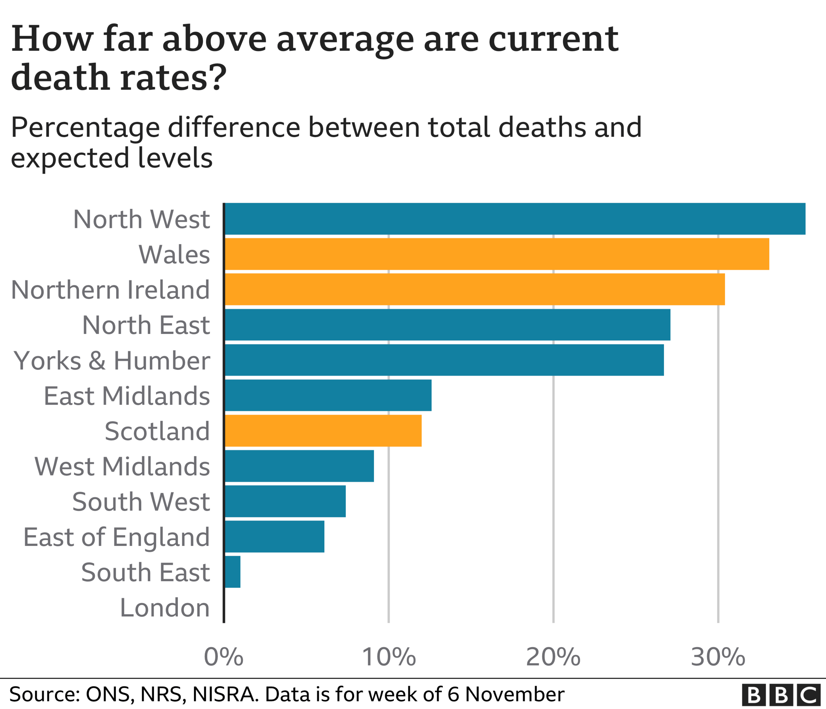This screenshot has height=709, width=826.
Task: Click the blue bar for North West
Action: point(515,219)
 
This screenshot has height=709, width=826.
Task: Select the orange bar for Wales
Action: point(497,254)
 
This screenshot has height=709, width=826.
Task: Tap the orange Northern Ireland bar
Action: point(474,289)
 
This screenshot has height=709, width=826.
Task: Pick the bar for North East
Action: point(447,325)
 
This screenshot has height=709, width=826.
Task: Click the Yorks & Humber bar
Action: point(444,360)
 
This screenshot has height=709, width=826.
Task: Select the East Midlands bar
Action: point(328,395)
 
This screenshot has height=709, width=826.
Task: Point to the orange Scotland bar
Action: point(323,430)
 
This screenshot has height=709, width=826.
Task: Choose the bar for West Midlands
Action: point(299,466)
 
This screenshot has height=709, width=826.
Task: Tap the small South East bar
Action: point(232,572)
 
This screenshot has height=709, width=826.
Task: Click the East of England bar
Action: point(274,537)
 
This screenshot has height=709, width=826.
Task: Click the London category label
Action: point(165,608)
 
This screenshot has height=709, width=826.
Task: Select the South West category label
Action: point(141,501)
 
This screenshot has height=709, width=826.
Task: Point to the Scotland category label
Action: point(157,431)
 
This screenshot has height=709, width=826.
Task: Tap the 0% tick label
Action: point(223,657)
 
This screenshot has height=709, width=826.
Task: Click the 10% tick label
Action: point(389,657)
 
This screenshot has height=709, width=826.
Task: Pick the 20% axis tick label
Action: point(553,657)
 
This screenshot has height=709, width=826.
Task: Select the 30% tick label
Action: point(718,657)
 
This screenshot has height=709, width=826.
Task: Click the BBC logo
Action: point(781,695)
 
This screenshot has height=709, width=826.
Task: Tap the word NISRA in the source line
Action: point(224,694)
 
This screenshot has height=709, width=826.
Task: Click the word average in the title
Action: point(345,40)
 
